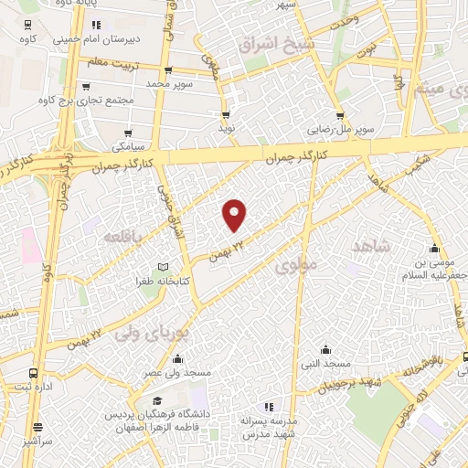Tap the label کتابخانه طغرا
pos(164,282)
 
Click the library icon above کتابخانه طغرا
pos(164,266)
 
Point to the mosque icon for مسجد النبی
pos(326,348)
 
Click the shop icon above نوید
pos(226,115)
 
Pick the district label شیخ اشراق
pos(276,43)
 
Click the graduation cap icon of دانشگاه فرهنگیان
pos(157,402)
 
